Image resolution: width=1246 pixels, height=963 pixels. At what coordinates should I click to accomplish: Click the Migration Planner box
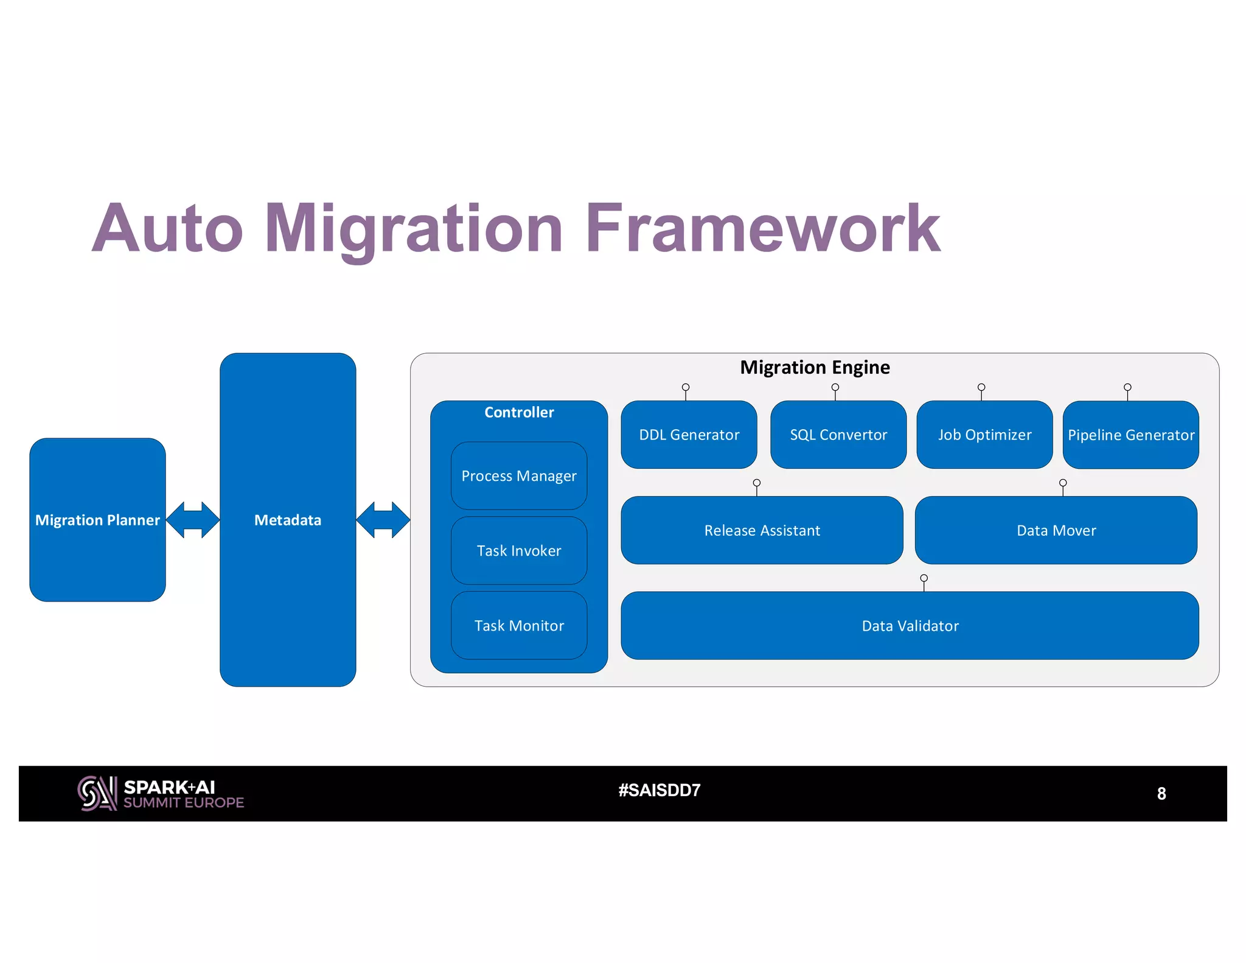(97, 520)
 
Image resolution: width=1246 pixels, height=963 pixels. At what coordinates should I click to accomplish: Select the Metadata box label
(288, 520)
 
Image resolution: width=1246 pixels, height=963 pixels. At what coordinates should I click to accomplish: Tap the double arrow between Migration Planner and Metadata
(193, 520)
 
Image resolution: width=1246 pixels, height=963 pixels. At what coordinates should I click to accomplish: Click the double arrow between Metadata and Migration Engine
(383, 520)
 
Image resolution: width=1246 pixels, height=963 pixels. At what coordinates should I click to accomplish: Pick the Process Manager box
(519, 476)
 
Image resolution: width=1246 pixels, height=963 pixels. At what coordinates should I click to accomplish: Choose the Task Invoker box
(519, 551)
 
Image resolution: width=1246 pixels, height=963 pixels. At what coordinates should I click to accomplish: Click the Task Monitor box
(519, 626)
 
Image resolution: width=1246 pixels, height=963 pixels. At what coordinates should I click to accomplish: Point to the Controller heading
(519, 413)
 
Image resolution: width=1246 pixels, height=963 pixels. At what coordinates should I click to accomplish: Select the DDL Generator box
(689, 435)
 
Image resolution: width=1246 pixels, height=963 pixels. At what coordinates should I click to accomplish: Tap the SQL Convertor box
(838, 435)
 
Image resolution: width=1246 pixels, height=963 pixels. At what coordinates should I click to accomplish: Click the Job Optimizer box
(984, 435)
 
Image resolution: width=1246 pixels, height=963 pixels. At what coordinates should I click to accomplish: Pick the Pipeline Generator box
(1130, 435)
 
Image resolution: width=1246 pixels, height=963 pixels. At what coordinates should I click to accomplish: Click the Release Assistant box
(762, 530)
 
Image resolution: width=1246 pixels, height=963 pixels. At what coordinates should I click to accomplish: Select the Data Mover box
(1056, 530)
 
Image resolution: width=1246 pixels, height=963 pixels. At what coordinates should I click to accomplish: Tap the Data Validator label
(910, 626)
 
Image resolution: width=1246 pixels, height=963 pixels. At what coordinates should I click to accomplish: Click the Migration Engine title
(815, 368)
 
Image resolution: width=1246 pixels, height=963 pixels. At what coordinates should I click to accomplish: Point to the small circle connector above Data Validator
(924, 578)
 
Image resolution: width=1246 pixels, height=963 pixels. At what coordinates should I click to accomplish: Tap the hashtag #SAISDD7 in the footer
(660, 790)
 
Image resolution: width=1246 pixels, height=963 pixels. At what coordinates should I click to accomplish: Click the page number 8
(1161, 793)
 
